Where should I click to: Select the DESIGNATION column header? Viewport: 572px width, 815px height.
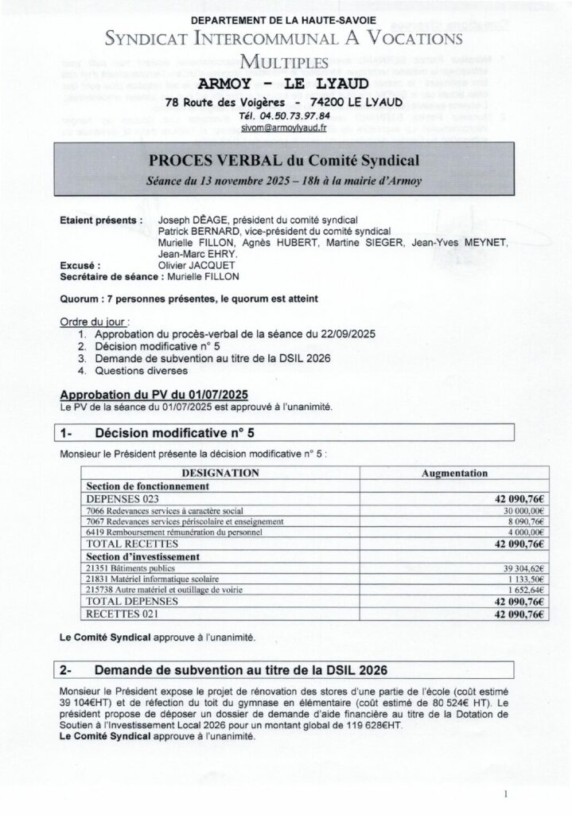point(220,473)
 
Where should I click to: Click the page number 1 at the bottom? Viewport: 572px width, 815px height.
point(506,794)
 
